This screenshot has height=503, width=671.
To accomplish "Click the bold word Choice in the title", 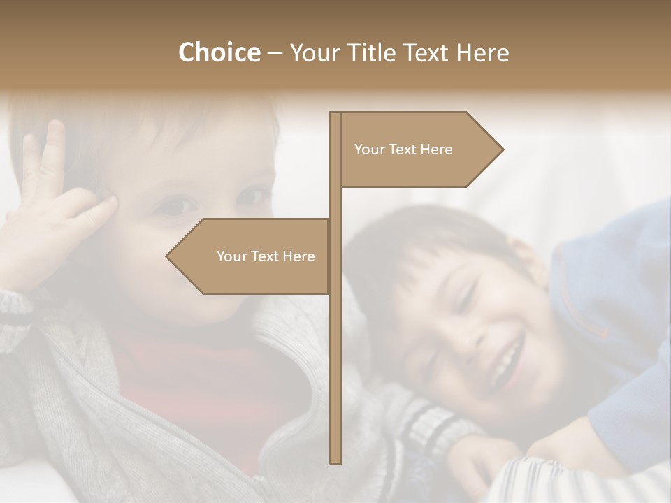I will [x=219, y=52].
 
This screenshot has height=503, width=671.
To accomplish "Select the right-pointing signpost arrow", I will [x=419, y=149].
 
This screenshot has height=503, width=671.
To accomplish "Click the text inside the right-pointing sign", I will [x=403, y=150].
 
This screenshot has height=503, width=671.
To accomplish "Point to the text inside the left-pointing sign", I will [x=266, y=256].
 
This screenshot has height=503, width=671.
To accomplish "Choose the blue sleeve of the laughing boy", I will [x=615, y=293].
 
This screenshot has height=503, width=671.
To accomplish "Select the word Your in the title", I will [x=312, y=52].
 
